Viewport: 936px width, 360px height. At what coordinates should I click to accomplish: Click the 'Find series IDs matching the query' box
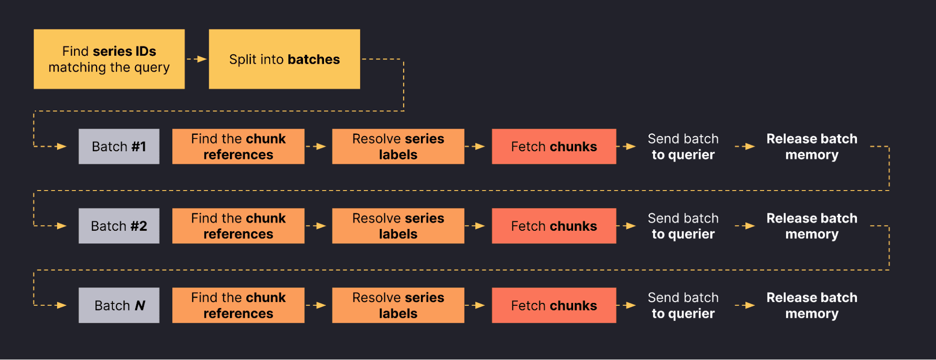[109, 59]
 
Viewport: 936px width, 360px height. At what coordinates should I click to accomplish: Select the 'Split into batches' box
[284, 59]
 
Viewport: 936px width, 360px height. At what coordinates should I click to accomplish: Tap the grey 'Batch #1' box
[119, 147]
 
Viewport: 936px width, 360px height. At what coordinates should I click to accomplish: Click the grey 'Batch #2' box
[119, 226]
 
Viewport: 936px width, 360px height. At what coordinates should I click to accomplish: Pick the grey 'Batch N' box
[119, 305]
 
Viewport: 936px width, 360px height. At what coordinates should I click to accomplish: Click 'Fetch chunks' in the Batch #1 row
[554, 147]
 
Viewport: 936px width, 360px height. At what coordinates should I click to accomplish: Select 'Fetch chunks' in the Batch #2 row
[554, 226]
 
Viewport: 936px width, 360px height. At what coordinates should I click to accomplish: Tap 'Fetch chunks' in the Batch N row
[554, 305]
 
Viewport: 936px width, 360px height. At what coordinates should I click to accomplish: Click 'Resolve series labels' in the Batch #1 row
[398, 147]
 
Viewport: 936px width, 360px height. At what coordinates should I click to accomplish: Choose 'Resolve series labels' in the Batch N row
[398, 305]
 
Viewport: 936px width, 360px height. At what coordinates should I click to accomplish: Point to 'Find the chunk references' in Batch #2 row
[238, 226]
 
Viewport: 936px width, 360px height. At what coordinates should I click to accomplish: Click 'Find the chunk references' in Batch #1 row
[238, 147]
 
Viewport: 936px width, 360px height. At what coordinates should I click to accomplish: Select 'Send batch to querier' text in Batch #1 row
[683, 147]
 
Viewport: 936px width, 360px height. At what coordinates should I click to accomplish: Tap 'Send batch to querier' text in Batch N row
[683, 305]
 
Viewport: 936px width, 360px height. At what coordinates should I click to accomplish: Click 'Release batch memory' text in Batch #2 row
[811, 226]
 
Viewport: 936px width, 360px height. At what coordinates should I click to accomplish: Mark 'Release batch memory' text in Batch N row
[811, 305]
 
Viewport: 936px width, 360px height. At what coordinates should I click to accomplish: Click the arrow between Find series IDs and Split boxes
[197, 59]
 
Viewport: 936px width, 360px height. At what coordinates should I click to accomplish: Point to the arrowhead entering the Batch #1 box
[61, 147]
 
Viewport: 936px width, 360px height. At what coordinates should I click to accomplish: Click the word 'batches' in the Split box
[313, 59]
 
